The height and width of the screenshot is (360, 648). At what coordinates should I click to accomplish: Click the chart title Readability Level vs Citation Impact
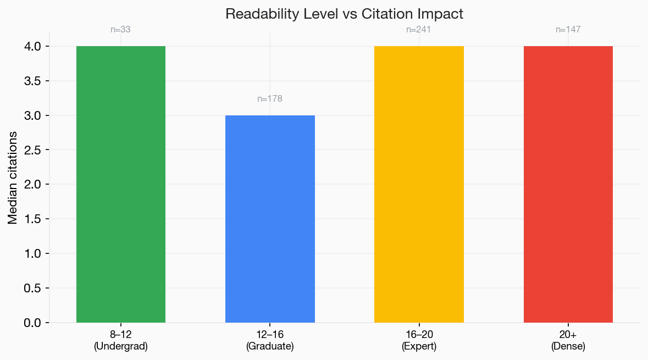pos(345,14)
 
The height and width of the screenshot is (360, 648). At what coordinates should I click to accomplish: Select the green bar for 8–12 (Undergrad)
pos(121,184)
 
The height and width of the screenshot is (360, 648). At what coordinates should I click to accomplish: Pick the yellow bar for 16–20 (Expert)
pos(419,184)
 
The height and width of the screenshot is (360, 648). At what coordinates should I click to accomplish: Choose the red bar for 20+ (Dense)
pos(568,184)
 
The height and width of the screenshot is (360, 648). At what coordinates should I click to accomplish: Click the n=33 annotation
pos(121,30)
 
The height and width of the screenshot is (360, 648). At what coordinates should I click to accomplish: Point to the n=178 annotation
pos(270,99)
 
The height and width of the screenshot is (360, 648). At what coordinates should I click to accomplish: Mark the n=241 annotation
pos(419,30)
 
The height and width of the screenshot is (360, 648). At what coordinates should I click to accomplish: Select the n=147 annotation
pos(568,30)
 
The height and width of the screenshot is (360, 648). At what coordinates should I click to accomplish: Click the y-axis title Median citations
pos(13,178)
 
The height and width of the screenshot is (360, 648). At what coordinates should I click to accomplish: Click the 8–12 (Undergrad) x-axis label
pos(121,340)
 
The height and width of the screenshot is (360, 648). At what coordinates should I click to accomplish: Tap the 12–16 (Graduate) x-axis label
pos(270,340)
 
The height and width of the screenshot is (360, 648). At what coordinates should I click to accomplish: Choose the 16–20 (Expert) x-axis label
pos(419,340)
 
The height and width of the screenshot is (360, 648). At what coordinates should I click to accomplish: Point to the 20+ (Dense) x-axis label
pos(568,340)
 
